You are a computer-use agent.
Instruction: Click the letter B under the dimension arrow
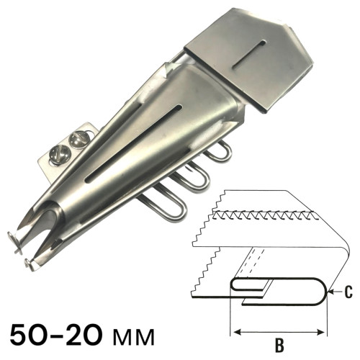279,346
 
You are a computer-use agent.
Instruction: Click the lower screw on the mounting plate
60,155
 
